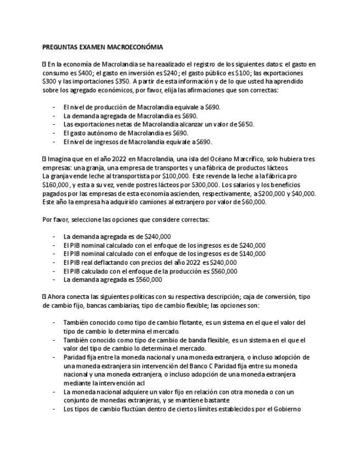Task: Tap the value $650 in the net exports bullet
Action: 246,124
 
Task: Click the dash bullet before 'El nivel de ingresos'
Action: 53,141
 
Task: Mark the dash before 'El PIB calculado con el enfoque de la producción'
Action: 53,271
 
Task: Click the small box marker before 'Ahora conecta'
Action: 44,296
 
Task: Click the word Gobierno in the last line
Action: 288,408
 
